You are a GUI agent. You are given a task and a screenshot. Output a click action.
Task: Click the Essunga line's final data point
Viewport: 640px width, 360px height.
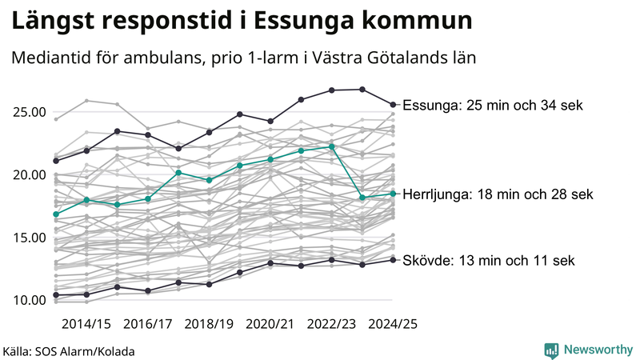(393, 104)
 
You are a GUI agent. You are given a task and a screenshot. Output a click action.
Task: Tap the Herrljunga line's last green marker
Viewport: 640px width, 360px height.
(393, 194)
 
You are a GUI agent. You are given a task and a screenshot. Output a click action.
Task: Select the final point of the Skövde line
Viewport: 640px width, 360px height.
(393, 260)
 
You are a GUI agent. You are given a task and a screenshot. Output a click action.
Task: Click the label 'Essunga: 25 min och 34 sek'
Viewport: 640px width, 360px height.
(493, 106)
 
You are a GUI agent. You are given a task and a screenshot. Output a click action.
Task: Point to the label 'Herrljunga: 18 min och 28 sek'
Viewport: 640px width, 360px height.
(498, 194)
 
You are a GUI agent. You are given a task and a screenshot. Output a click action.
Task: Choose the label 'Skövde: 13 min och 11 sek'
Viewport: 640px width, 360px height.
(488, 261)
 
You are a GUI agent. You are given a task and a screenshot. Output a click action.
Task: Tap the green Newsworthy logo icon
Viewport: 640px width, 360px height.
(551, 350)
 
